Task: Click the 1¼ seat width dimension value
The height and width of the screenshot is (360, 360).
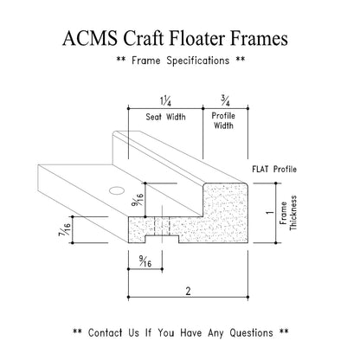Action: (x=164, y=101)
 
